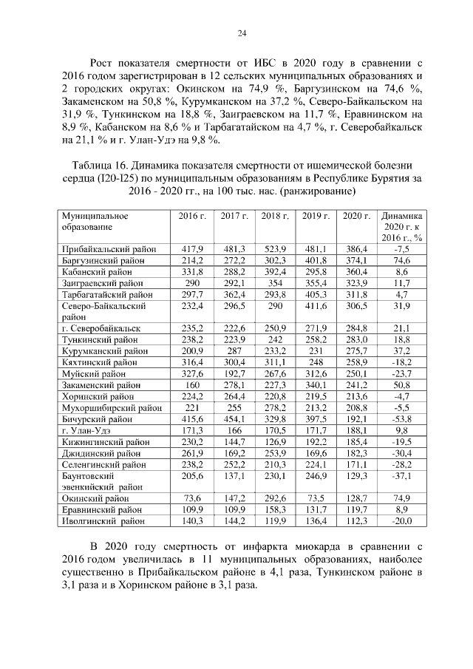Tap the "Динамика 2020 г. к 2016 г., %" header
coord(401,226)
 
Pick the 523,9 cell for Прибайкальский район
coord(275,249)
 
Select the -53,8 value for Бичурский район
coord(401,419)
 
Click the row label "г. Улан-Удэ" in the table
coord(81,430)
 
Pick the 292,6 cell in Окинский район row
coord(275,498)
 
